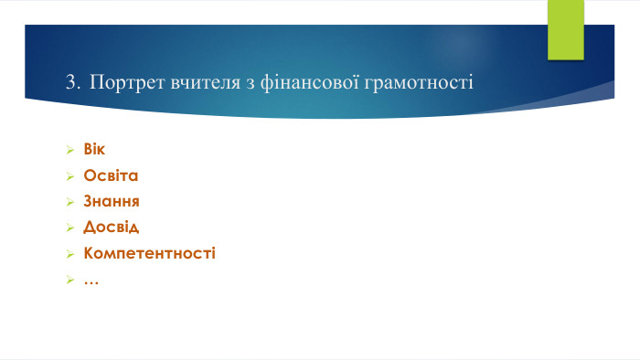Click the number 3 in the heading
point(71,83)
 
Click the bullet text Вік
point(94,149)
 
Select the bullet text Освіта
point(111,175)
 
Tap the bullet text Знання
point(112,200)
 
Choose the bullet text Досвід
point(111,226)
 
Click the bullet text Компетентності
point(149,252)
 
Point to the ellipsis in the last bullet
point(91,280)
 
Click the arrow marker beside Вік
point(69,150)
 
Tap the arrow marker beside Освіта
point(69,175)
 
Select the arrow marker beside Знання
point(69,201)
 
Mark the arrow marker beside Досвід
point(69,227)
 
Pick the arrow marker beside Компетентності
point(69,253)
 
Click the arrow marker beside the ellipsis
point(69,279)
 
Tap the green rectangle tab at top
point(565,29)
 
